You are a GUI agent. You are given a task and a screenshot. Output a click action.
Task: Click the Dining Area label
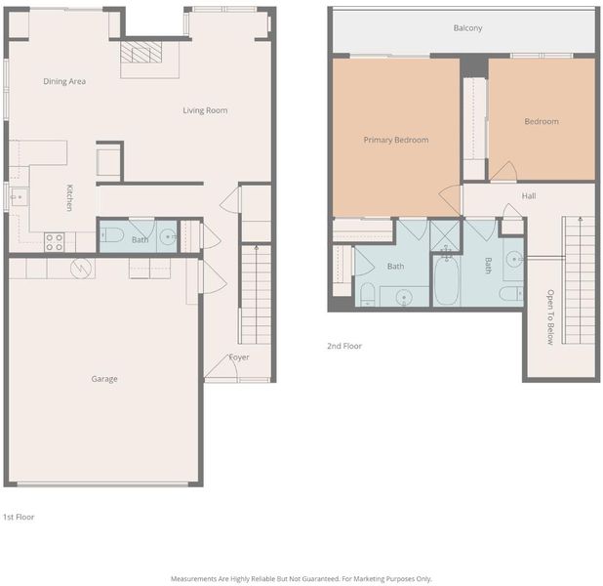(x=64, y=81)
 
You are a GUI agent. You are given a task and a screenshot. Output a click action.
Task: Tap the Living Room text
(x=205, y=110)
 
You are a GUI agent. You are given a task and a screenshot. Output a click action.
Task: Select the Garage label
(x=104, y=379)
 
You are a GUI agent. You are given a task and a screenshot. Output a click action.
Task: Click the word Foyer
(x=239, y=357)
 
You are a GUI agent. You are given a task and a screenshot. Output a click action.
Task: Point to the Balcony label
(x=467, y=28)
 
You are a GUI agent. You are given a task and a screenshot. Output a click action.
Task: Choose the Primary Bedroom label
(x=396, y=140)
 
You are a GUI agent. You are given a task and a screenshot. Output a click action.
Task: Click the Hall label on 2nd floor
(x=529, y=196)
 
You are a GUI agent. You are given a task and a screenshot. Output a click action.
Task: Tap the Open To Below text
(x=550, y=316)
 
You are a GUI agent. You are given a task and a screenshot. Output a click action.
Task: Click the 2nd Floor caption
(x=344, y=346)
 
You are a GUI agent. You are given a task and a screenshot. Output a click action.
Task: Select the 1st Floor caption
(x=19, y=517)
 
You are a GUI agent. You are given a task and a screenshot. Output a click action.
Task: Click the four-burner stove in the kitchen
(x=55, y=242)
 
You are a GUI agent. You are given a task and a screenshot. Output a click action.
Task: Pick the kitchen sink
(x=19, y=196)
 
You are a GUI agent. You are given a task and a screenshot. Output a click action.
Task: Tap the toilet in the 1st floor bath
(x=111, y=234)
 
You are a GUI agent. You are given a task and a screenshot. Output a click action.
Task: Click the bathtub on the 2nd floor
(x=447, y=280)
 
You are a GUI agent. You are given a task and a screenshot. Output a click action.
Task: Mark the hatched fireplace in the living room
(x=141, y=53)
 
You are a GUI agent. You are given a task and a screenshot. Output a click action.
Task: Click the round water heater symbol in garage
(x=81, y=268)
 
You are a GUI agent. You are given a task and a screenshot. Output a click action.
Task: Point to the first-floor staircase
(x=256, y=295)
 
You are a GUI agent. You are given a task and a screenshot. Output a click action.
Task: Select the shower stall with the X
(x=445, y=235)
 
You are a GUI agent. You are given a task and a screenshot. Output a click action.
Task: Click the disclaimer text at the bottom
(x=301, y=579)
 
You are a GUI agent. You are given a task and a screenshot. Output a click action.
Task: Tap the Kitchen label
(x=69, y=198)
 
